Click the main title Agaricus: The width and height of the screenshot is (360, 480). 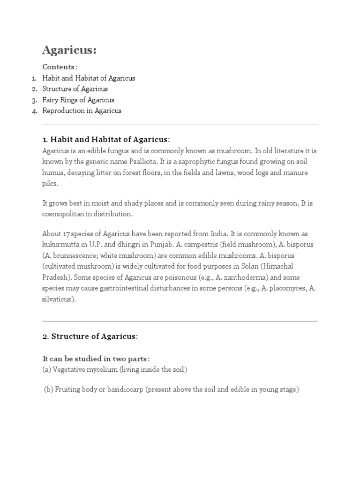[x=69, y=50]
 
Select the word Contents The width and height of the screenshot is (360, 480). [x=59, y=67]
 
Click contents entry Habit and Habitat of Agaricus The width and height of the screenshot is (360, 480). [x=89, y=78]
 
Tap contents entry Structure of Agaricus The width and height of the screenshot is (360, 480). [x=75, y=89]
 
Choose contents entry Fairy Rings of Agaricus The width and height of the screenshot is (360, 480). [x=78, y=100]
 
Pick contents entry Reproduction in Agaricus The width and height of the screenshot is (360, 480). [x=82, y=111]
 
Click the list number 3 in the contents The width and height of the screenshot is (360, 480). [x=34, y=100]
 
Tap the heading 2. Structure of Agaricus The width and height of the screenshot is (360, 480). [x=90, y=336]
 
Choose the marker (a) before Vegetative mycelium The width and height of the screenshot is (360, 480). [x=46, y=370]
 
